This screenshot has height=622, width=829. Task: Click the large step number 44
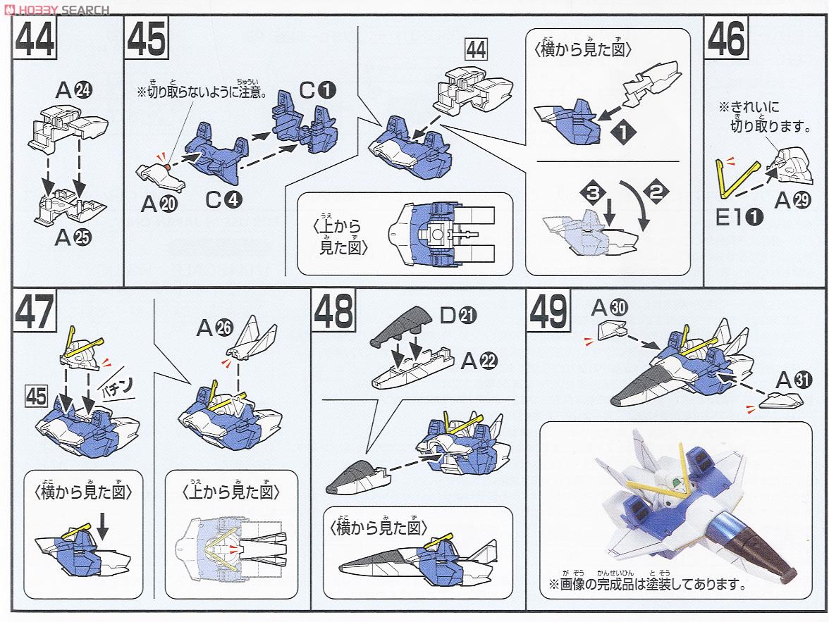click(35, 39)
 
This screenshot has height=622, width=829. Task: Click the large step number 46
click(726, 39)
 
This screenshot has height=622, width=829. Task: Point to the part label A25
click(73, 237)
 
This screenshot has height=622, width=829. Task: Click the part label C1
click(317, 90)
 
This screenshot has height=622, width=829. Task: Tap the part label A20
click(159, 204)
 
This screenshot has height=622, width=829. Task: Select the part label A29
click(792, 201)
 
